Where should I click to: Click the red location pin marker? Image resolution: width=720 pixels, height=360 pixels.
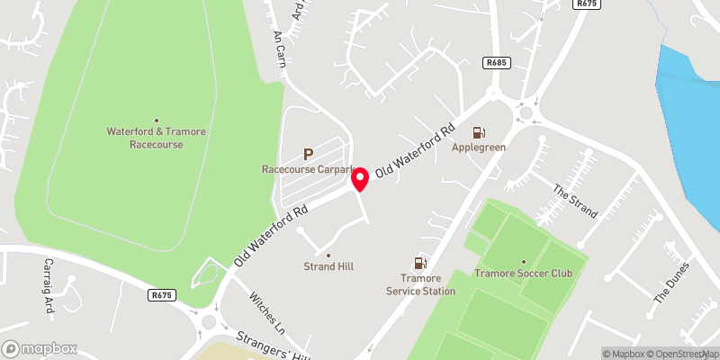pyautogui.click(x=360, y=179)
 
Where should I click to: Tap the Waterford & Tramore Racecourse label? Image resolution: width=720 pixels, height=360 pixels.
pyautogui.click(x=157, y=138)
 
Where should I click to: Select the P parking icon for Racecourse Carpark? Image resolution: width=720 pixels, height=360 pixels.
pyautogui.click(x=309, y=155)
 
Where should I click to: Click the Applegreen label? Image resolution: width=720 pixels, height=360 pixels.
pyautogui.click(x=479, y=147)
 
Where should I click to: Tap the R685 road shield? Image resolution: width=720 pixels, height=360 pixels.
pyautogui.click(x=495, y=63)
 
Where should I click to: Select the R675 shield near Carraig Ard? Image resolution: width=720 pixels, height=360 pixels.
pyautogui.click(x=162, y=294)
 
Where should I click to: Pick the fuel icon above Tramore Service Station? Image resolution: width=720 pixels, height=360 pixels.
pyautogui.click(x=419, y=264)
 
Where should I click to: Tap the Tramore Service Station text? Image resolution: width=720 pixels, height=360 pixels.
pyautogui.click(x=420, y=284)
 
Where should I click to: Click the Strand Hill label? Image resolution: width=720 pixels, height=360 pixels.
pyautogui.click(x=328, y=267)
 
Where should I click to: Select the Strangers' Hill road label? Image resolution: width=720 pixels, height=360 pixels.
pyautogui.click(x=271, y=347)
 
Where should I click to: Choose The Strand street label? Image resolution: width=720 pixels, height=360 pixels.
pyautogui.click(x=575, y=202)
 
